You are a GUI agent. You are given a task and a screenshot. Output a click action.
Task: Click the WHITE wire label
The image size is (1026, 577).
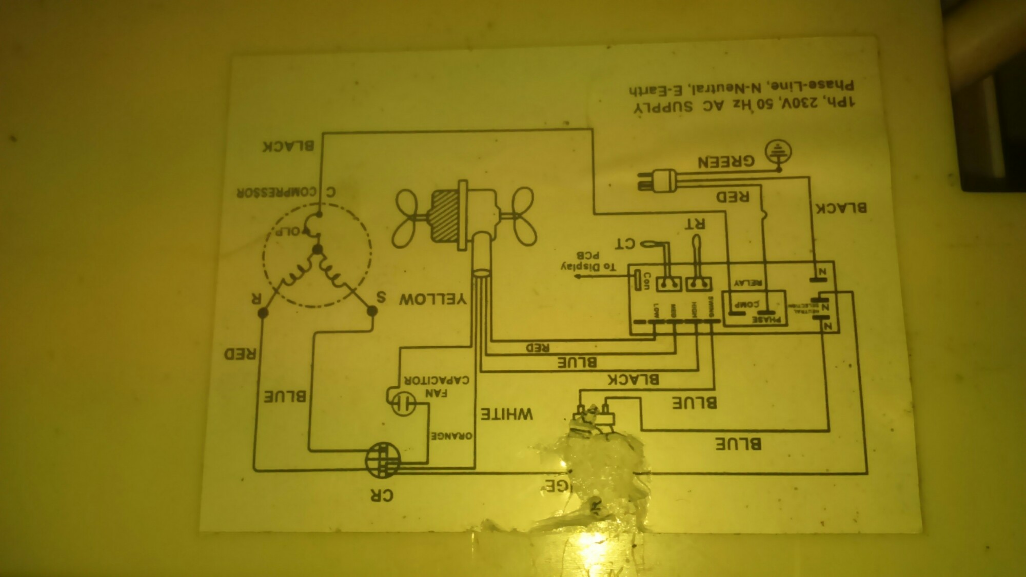click(x=507, y=413)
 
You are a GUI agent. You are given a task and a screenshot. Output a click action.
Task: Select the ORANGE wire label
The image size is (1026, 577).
click(x=451, y=435)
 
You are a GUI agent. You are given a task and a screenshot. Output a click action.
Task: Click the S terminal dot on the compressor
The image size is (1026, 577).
click(x=373, y=311)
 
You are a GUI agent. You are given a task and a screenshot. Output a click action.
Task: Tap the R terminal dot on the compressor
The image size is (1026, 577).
click(x=263, y=311)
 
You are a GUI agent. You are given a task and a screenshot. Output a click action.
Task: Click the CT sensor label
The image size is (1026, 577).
click(x=626, y=243)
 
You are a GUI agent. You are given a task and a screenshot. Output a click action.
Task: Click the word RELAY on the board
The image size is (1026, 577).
click(x=749, y=283)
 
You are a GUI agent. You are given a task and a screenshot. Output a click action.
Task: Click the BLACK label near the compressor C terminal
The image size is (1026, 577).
click(x=288, y=146)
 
